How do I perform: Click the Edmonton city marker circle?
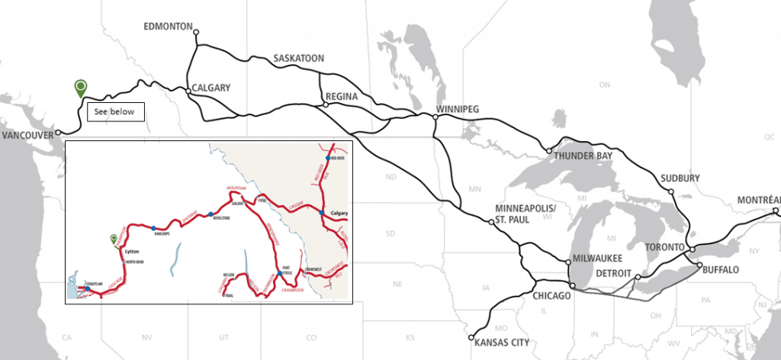[196, 32]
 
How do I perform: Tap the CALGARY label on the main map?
[211, 88]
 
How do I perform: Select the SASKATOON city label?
[299, 58]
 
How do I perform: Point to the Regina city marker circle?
[325, 104]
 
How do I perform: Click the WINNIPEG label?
[457, 110]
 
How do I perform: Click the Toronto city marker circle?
[691, 249]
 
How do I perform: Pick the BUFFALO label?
[721, 270]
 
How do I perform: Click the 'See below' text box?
[114, 111]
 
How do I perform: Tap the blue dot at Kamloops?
[154, 228]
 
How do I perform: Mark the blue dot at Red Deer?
[328, 158]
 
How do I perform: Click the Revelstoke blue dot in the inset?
[211, 214]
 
